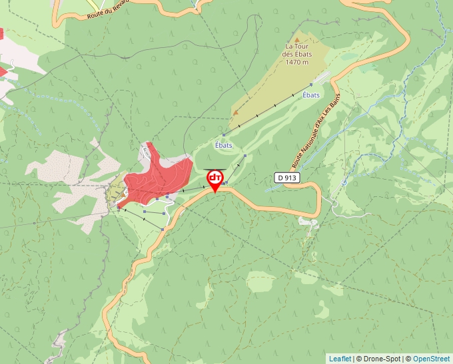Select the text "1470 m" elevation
click(296, 63)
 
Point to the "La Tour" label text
click(297, 47)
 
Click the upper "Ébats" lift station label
click(310, 95)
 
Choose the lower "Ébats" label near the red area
click(224, 145)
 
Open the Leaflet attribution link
click(340, 359)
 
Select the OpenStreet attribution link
click(431, 359)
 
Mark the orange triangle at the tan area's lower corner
click(235, 112)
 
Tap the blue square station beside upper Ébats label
click(312, 85)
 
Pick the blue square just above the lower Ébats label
click(224, 135)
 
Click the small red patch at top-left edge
click(1, 33)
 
